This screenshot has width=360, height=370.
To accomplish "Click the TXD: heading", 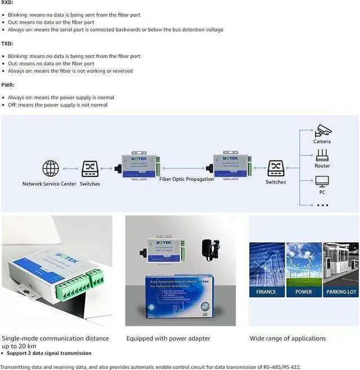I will (7, 43).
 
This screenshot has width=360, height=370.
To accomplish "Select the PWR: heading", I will (8, 84).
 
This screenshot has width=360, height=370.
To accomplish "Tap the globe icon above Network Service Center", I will (51, 168).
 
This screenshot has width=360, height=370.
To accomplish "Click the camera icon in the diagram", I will (322, 131).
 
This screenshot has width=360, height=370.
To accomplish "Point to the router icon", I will (322, 155).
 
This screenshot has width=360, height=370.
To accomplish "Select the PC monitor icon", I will (322, 181).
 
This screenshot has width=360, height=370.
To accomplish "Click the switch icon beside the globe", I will (90, 168).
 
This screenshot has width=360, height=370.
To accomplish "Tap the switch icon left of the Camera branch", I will (275, 168).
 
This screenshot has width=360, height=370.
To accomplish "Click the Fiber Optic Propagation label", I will (187, 179).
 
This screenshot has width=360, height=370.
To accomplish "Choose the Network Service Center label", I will (49, 184).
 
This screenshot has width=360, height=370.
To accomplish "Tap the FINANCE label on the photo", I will (266, 292).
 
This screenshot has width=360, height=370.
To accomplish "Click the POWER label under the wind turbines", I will (304, 292).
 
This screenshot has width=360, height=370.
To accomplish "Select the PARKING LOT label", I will (340, 292).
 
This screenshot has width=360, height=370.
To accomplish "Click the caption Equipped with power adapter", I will (168, 338).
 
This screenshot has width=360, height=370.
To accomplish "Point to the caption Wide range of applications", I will (287, 338).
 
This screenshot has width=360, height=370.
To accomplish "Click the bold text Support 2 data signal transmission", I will (49, 353).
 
